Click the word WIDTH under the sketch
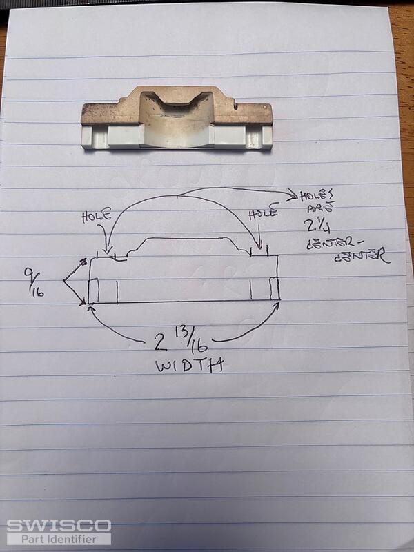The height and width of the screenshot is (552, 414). pyautogui.click(x=189, y=366)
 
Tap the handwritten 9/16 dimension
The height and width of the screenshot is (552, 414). pyautogui.click(x=33, y=283)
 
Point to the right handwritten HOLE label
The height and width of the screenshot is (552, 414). pyautogui.click(x=264, y=213)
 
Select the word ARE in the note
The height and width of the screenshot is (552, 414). pyautogui.click(x=320, y=208)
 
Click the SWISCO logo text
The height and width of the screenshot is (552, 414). pyautogui.click(x=59, y=525)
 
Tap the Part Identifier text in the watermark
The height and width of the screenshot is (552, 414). pyautogui.click(x=59, y=539)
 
